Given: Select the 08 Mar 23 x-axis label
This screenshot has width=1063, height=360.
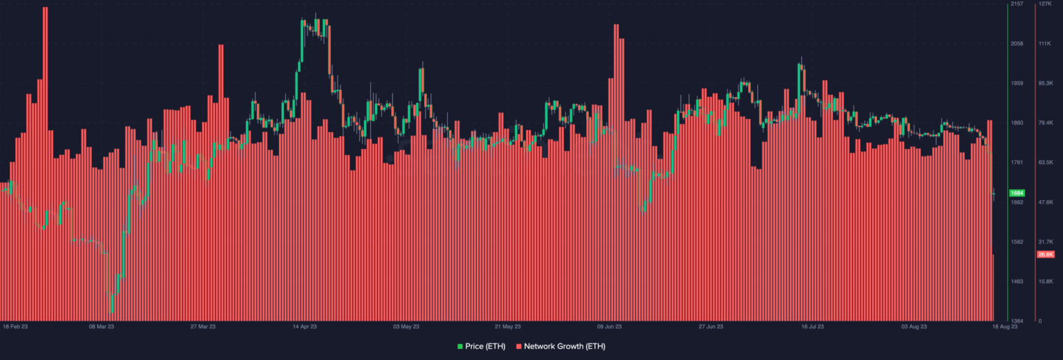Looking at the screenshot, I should click(x=102, y=326).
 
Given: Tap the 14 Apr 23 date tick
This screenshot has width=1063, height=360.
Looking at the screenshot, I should click(x=305, y=326).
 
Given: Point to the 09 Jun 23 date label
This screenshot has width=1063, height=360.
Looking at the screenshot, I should click(x=610, y=326).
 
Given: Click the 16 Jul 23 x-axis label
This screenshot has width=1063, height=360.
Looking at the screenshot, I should click(x=813, y=326).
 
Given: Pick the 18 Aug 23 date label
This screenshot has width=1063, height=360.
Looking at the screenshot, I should click(x=1006, y=326).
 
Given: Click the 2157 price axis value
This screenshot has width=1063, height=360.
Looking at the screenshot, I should click(x=1017, y=4).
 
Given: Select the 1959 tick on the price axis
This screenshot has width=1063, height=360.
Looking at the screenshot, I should click(x=1017, y=83).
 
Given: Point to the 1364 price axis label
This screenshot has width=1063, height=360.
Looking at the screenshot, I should click(x=1017, y=321).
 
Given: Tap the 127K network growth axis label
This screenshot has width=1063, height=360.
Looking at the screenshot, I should click(x=1044, y=4).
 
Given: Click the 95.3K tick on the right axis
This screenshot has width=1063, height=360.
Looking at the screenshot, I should click(x=1045, y=83).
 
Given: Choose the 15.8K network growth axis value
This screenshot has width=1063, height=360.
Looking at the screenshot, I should click(x=1045, y=282).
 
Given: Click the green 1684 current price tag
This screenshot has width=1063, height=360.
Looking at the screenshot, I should click(x=1017, y=192).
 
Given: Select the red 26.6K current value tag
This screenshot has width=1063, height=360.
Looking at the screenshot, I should click(x=1045, y=255).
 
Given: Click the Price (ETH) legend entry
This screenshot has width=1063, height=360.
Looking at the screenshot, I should click(x=485, y=345).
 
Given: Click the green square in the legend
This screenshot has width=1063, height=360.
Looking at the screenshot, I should click(x=459, y=345).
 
